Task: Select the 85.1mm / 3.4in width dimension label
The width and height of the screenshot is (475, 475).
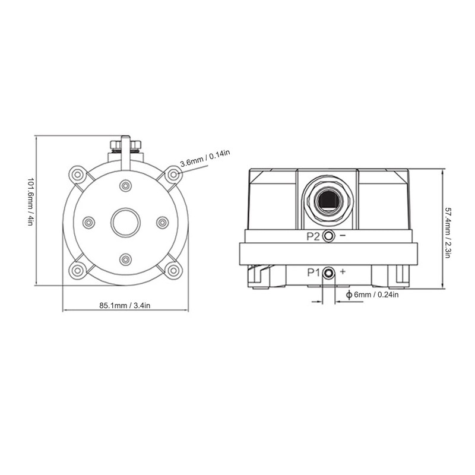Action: click(x=125, y=305)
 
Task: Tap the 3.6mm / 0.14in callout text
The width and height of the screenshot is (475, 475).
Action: click(x=205, y=157)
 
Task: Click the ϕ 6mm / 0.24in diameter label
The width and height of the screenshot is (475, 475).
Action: click(x=372, y=294)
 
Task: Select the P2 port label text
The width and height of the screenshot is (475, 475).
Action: click(x=313, y=236)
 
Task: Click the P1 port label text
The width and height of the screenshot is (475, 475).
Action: click(x=313, y=273)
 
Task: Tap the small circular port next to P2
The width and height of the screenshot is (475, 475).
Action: click(x=328, y=236)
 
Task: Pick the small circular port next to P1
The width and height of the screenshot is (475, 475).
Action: click(x=328, y=273)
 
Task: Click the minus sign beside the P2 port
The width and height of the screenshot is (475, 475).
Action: click(x=343, y=236)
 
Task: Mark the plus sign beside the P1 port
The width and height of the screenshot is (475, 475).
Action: click(x=343, y=272)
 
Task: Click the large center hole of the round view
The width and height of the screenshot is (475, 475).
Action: click(x=125, y=222)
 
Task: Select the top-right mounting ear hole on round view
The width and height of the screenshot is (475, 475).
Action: click(x=173, y=175)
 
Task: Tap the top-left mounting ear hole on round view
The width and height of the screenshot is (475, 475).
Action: click(x=77, y=175)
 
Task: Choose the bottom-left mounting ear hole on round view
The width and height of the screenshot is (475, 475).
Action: click(x=77, y=271)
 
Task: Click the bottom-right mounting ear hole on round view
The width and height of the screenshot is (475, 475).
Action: click(x=173, y=271)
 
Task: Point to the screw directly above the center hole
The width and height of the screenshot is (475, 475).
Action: click(x=125, y=186)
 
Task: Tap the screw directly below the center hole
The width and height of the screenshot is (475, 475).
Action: click(x=125, y=259)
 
